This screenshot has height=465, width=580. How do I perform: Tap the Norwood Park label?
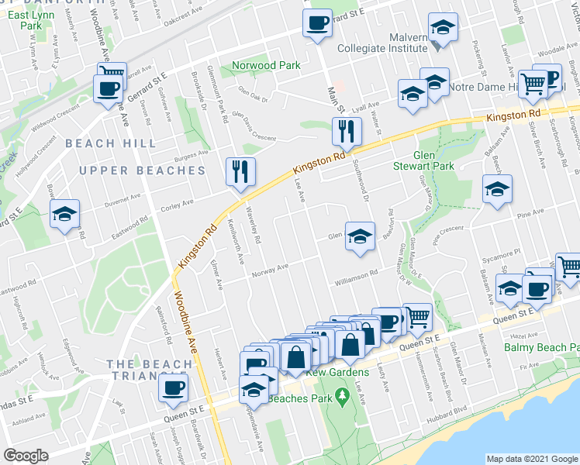coord(266,66)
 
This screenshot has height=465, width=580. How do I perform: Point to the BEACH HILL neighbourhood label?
coord(110,143)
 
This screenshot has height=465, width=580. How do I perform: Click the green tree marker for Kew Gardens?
coord(342,397)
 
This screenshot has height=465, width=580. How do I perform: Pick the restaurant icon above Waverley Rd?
coord(240,170)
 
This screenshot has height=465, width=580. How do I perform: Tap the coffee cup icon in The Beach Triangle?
coord(173,387)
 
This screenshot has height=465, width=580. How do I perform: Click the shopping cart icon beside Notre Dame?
coord(533,82)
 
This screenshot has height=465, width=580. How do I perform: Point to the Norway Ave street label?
coord(270,269)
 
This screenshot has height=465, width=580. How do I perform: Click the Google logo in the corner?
coord(26,456)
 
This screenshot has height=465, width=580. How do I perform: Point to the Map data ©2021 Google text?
coord(531,459)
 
